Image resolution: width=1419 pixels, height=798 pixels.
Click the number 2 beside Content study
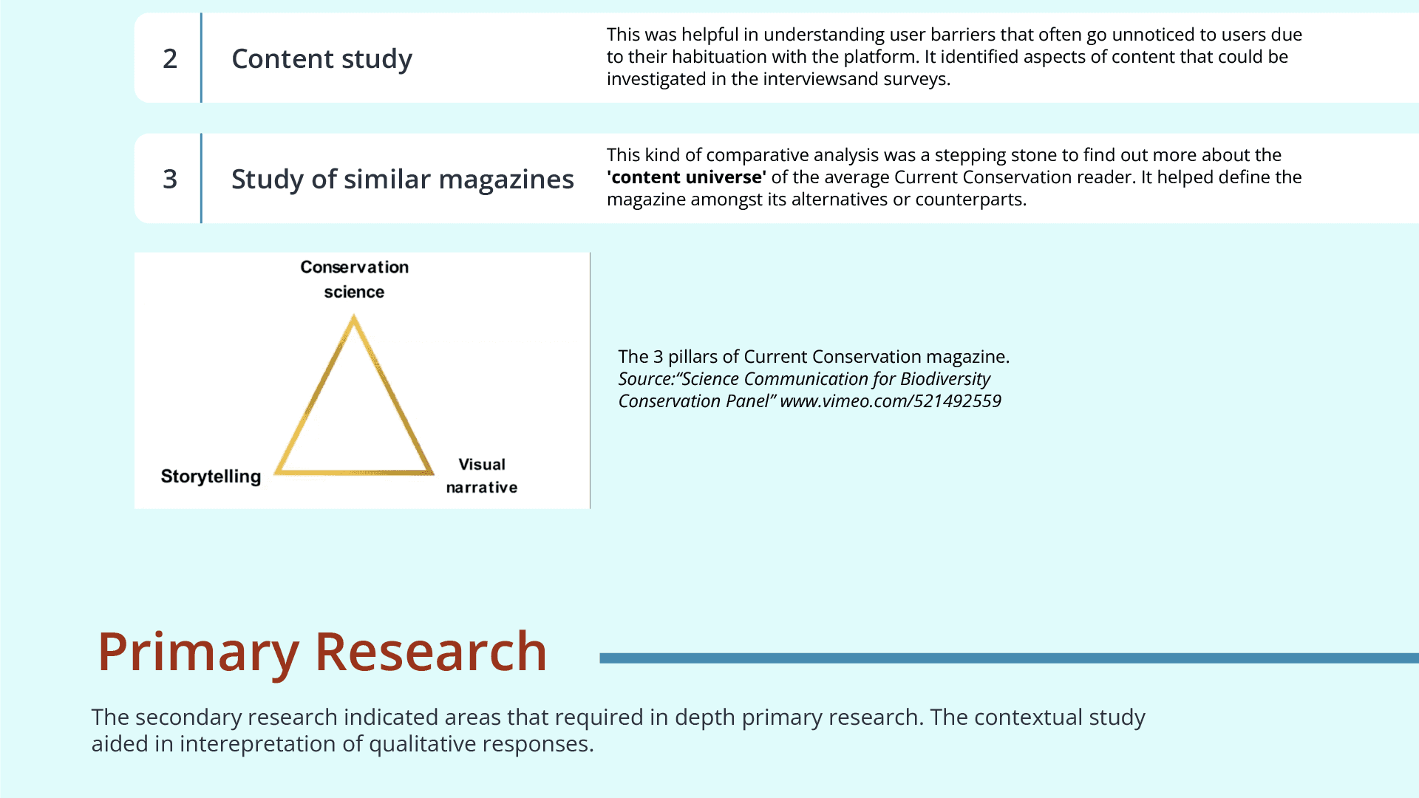tap(170, 58)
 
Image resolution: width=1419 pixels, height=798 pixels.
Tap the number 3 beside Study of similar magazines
tap(170, 179)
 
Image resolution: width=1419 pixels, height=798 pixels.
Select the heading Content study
tap(321, 59)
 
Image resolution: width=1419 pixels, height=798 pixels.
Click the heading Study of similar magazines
tap(402, 180)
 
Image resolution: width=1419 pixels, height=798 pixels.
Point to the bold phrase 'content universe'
tap(687, 177)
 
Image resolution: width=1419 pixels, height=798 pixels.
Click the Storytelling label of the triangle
tap(211, 477)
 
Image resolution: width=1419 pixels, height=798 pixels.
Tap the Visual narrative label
tap(482, 476)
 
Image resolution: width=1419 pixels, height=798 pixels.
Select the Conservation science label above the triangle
tap(354, 279)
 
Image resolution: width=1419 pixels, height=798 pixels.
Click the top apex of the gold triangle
tap(354, 318)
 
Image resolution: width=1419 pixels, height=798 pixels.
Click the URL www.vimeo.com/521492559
tap(891, 401)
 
